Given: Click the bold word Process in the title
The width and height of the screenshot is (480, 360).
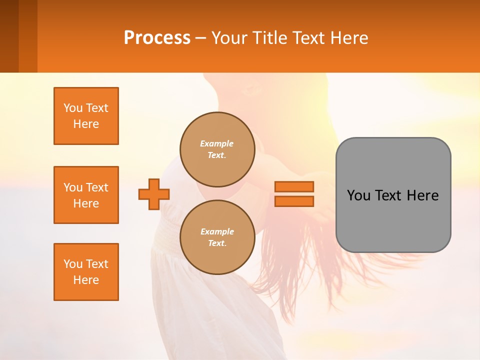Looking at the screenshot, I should click(x=157, y=38).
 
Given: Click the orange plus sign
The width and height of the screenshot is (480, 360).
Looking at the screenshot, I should click(x=154, y=194).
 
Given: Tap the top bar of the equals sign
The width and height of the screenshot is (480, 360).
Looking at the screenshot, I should click(x=294, y=186).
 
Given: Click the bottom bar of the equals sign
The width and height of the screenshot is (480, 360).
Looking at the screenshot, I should click(x=294, y=201).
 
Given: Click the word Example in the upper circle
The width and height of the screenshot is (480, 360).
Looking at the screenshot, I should click(x=217, y=143).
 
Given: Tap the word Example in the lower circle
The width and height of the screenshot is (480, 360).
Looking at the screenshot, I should click(x=217, y=231).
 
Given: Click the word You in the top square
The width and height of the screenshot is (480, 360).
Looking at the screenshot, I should click(x=72, y=108).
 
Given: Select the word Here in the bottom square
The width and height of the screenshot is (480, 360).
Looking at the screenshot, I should click(x=86, y=280).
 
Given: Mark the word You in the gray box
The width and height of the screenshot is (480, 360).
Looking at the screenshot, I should click(x=358, y=195).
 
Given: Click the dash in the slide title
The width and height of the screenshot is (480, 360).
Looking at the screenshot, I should click(x=200, y=38).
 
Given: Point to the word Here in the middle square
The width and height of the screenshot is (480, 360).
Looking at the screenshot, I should click(x=86, y=203).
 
